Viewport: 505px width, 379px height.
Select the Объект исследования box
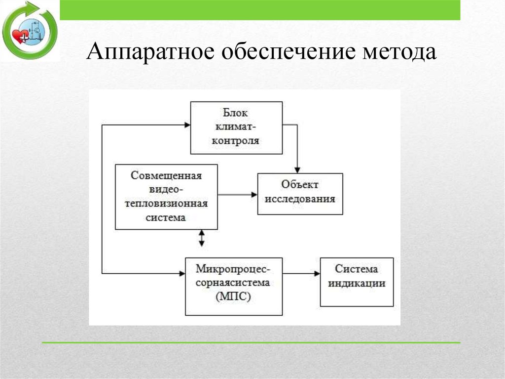(300, 194)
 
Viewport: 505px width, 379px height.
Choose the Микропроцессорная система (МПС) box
(233, 286)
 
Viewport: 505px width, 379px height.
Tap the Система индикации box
(357, 282)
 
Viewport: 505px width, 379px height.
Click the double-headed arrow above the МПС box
(201, 238)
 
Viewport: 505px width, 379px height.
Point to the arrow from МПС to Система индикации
(301, 273)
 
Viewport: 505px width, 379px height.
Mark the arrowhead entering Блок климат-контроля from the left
(187, 125)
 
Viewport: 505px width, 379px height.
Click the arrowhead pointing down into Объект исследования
(297, 169)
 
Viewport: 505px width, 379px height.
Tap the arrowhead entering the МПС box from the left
(181, 273)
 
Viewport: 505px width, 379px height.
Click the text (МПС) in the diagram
(233, 297)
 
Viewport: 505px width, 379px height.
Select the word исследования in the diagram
(300, 199)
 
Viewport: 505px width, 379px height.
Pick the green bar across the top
(260, 10)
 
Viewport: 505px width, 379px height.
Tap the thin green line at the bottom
(251, 342)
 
